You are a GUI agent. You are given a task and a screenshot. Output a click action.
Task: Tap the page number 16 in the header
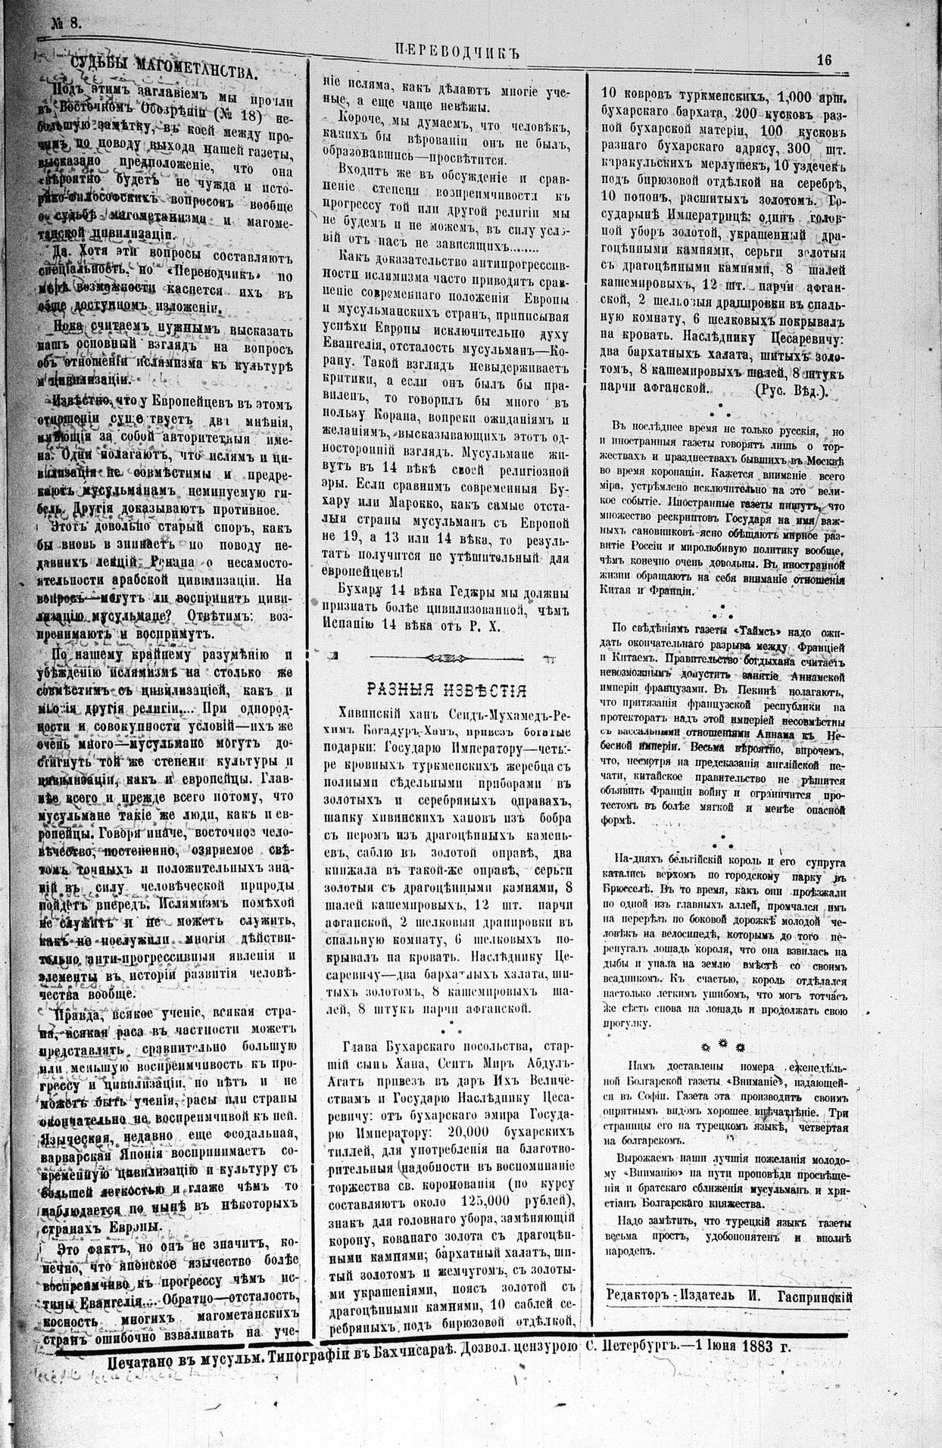tap(825, 61)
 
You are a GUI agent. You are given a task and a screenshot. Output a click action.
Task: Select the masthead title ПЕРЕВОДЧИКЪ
tap(460, 51)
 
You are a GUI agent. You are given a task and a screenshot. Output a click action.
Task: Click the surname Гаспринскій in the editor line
tap(815, 1295)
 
